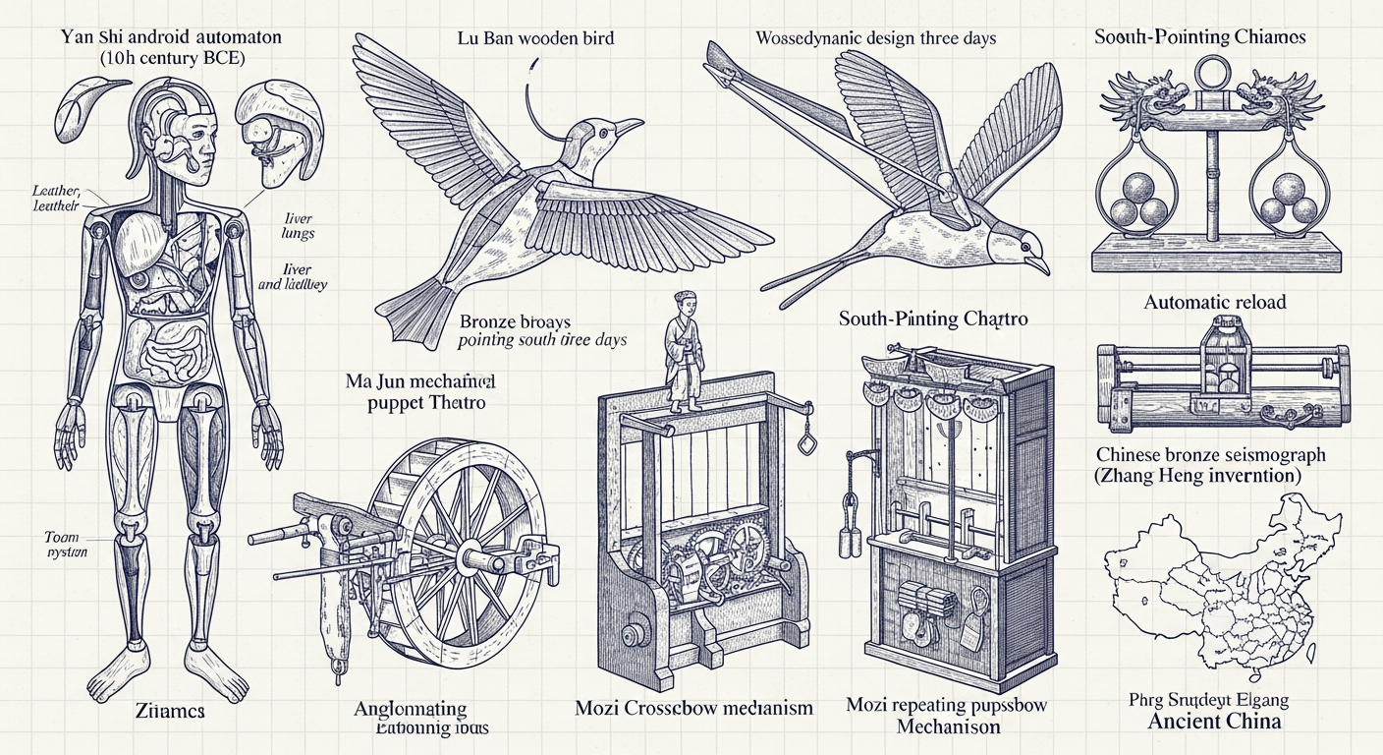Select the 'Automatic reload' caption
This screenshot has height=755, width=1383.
point(1214,302)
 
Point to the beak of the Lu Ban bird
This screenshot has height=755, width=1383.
point(630,126)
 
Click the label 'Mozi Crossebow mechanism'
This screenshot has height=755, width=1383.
point(693,708)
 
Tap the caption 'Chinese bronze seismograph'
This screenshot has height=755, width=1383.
point(1211,455)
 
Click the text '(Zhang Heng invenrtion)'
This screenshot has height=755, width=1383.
point(1211,476)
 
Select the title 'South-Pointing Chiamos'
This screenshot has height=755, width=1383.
point(1199,36)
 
